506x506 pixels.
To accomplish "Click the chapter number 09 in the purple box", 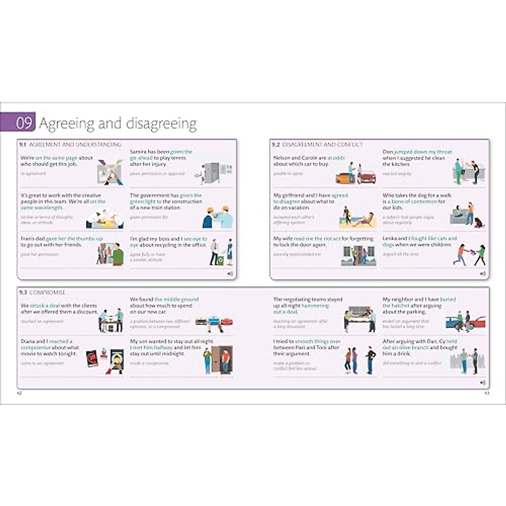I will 24,123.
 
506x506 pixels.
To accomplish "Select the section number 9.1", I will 23,145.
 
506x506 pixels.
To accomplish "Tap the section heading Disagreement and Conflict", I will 322,145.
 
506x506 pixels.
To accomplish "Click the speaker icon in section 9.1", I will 230,274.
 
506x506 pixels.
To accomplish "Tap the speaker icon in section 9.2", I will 483,274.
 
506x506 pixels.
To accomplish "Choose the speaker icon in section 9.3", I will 483,383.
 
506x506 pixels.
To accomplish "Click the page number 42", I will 19,393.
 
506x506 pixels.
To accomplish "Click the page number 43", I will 487,393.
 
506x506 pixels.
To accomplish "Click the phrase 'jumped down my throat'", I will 423,152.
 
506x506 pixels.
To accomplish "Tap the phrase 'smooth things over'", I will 318,341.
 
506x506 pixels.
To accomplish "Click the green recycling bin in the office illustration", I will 220,261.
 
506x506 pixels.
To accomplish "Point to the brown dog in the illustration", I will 479,222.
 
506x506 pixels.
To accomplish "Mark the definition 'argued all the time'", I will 401,254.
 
